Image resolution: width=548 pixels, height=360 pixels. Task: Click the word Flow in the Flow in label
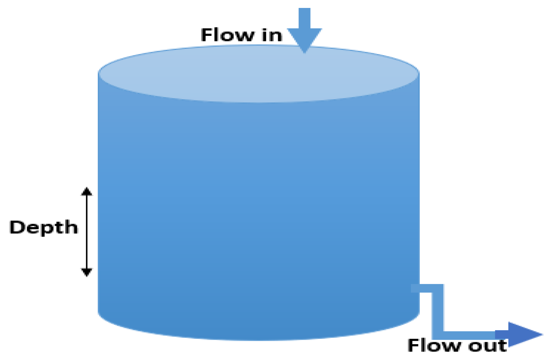[x=228, y=35]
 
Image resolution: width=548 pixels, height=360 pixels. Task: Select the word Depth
[x=43, y=227]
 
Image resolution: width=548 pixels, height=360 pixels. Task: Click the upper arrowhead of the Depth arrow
[x=87, y=191]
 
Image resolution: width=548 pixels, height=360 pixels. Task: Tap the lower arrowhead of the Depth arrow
[x=87, y=272]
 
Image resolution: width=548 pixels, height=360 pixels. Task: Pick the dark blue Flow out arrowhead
[x=523, y=334]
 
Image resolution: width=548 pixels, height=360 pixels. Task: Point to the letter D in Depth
[x=17, y=227]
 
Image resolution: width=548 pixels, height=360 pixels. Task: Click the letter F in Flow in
[x=208, y=35]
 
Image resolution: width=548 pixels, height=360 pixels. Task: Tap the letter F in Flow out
[x=414, y=345]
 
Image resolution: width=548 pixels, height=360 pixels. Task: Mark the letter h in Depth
[x=71, y=227]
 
